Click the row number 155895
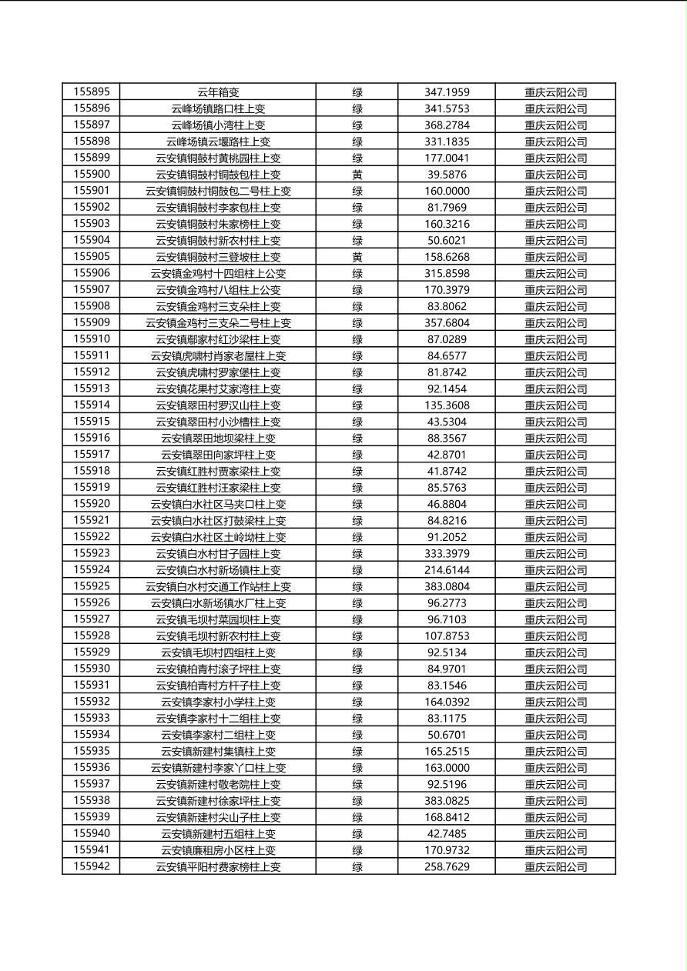coord(92,92)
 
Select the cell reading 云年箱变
coord(218,92)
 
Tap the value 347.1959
coord(447,92)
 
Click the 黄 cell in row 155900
coord(357,175)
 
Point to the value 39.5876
coord(447,175)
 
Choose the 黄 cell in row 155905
coord(357,257)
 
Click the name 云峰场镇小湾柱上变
coord(218,125)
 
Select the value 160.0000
coord(447,191)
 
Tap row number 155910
coord(92,339)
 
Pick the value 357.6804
coord(447,323)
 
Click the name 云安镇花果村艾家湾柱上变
coord(218,389)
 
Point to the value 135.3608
coord(447,405)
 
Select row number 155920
coord(92,504)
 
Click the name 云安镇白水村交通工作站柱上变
coord(218,586)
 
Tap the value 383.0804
coord(447,586)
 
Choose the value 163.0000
coord(447,768)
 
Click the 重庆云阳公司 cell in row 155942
coord(555,867)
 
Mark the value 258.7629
coord(447,867)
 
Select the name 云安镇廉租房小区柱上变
coord(218,850)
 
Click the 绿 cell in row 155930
coord(357,669)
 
